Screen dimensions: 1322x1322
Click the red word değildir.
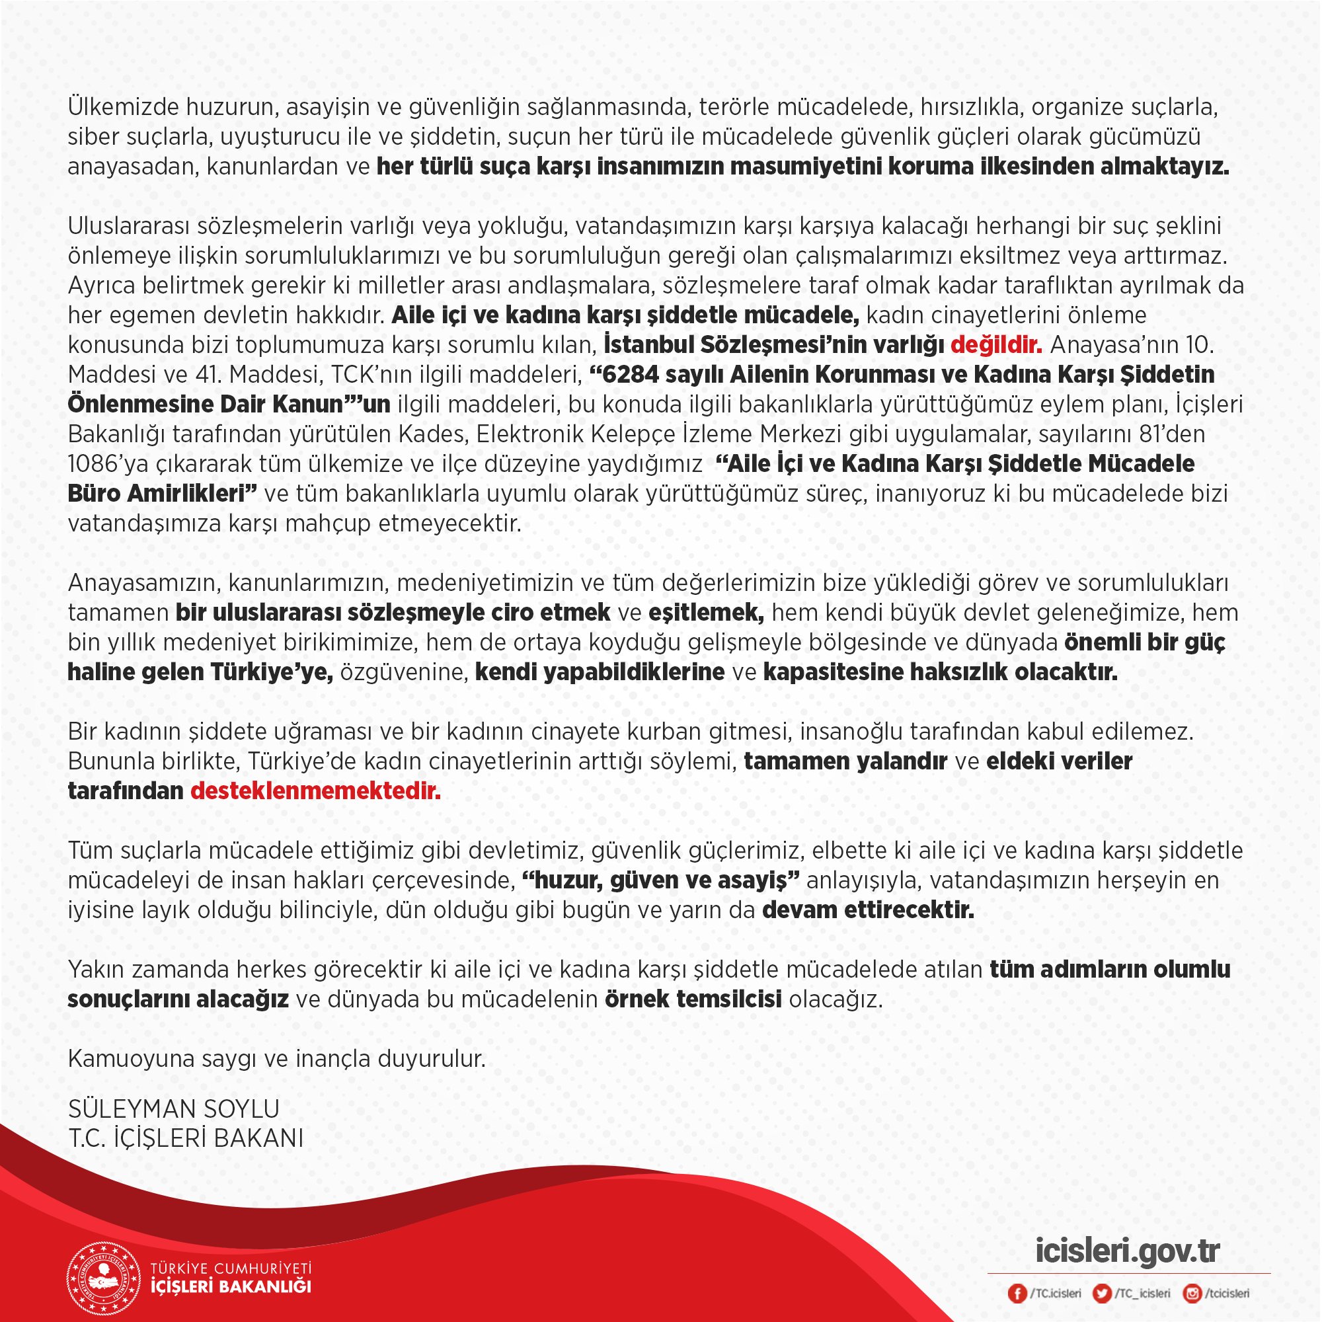point(995,345)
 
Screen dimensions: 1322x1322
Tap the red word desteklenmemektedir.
point(315,791)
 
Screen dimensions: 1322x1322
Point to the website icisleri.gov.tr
point(1128,1249)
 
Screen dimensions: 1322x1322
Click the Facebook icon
point(1017,1294)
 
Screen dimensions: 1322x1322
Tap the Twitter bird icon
point(1103,1294)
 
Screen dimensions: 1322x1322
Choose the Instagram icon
point(1192,1294)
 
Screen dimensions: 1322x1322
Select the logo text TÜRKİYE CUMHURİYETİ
point(231,1268)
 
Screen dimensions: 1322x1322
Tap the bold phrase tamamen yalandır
point(845,761)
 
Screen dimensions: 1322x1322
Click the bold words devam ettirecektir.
point(868,910)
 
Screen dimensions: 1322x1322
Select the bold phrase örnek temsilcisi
point(693,999)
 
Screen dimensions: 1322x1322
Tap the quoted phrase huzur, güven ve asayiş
point(660,880)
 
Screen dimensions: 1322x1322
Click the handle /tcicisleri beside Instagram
point(1227,1294)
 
